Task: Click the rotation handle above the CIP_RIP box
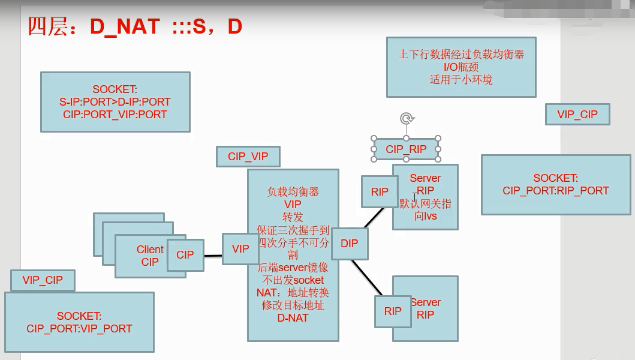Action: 407,119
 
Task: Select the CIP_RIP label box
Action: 406,149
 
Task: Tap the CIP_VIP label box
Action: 248,157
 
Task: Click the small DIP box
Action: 349,243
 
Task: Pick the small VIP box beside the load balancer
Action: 240,248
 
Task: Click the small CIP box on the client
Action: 185,255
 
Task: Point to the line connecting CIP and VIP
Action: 213,256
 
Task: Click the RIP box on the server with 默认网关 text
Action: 380,191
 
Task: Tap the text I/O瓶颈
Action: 461,67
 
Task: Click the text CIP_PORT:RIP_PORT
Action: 555,191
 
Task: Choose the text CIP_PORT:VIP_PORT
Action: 79,328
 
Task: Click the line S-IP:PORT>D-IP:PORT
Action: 115,102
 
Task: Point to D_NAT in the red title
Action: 125,26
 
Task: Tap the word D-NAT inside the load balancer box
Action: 293,317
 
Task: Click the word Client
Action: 149,250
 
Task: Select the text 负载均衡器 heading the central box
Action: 293,192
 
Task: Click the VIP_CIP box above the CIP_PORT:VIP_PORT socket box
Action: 43,280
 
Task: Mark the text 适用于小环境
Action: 461,79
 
